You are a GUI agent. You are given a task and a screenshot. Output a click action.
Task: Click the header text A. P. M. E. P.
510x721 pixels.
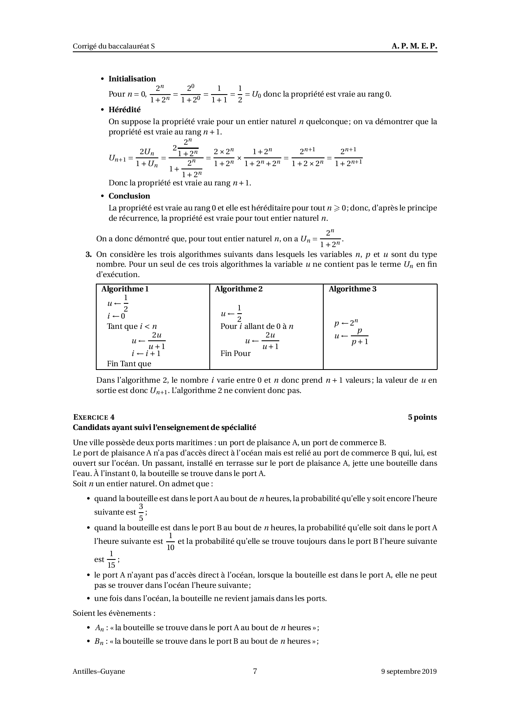(414, 46)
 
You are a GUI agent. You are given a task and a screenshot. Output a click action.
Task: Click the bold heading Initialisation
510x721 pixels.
(132, 79)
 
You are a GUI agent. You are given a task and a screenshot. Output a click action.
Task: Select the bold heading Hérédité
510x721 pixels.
(124, 110)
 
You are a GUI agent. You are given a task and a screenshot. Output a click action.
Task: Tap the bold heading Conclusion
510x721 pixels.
(129, 196)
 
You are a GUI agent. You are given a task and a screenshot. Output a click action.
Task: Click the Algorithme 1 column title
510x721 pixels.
(125, 289)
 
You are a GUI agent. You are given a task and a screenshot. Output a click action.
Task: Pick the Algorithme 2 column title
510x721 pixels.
(239, 289)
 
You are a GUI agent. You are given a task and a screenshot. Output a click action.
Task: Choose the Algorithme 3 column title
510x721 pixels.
(352, 289)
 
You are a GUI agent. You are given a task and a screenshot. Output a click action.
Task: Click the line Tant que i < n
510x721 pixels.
(132, 327)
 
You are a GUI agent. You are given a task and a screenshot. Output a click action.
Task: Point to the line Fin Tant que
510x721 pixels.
(129, 364)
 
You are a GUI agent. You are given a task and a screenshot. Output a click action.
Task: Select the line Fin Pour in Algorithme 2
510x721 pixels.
(235, 354)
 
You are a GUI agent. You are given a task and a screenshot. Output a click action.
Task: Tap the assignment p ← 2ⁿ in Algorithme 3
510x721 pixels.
(346, 323)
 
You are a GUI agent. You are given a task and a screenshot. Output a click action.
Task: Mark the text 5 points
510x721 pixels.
(422, 417)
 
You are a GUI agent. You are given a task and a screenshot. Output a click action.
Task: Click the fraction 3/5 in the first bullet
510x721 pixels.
(141, 512)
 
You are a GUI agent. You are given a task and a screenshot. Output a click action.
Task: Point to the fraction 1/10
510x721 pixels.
(170, 542)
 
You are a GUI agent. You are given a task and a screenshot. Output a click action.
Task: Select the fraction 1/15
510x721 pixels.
(111, 559)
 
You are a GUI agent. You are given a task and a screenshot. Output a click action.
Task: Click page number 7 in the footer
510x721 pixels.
(255, 672)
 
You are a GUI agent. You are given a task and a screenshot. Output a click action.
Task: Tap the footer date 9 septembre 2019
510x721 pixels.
(409, 672)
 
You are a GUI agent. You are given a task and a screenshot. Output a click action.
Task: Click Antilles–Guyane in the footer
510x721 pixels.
(99, 672)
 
